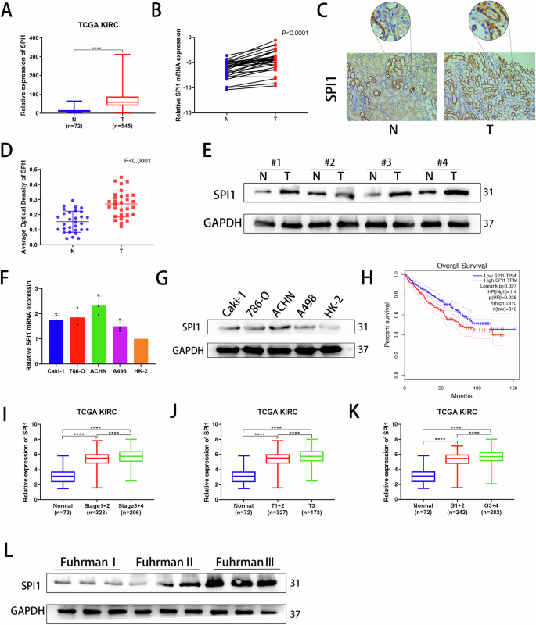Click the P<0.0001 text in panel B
[300, 33]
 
